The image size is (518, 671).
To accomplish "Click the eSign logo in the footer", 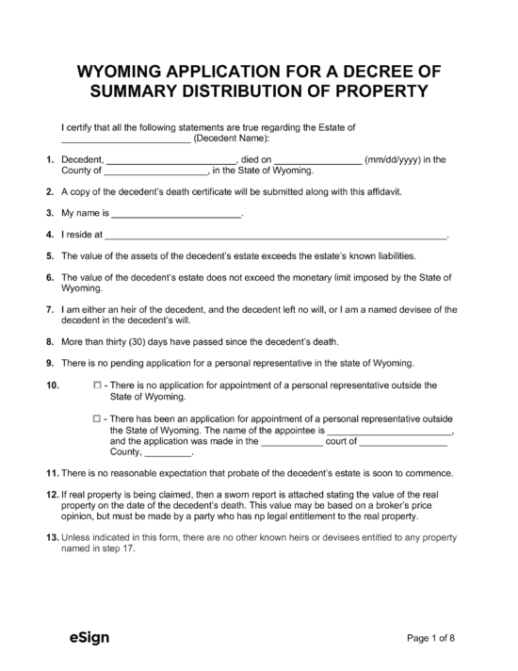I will pyautogui.click(x=89, y=638).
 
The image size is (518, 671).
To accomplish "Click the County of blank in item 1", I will pyautogui.click(x=155, y=172).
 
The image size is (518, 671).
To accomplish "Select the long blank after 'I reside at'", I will pyautogui.click(x=274, y=235).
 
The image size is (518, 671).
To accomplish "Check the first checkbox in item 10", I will pyautogui.click(x=97, y=385).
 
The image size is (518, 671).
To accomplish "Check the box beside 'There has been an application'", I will pyautogui.click(x=97, y=417).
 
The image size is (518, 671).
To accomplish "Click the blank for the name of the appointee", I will pyautogui.click(x=389, y=430).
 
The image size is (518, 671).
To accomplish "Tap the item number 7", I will pyautogui.click(x=49, y=308).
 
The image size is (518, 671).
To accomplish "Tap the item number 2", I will pyautogui.click(x=49, y=191).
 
